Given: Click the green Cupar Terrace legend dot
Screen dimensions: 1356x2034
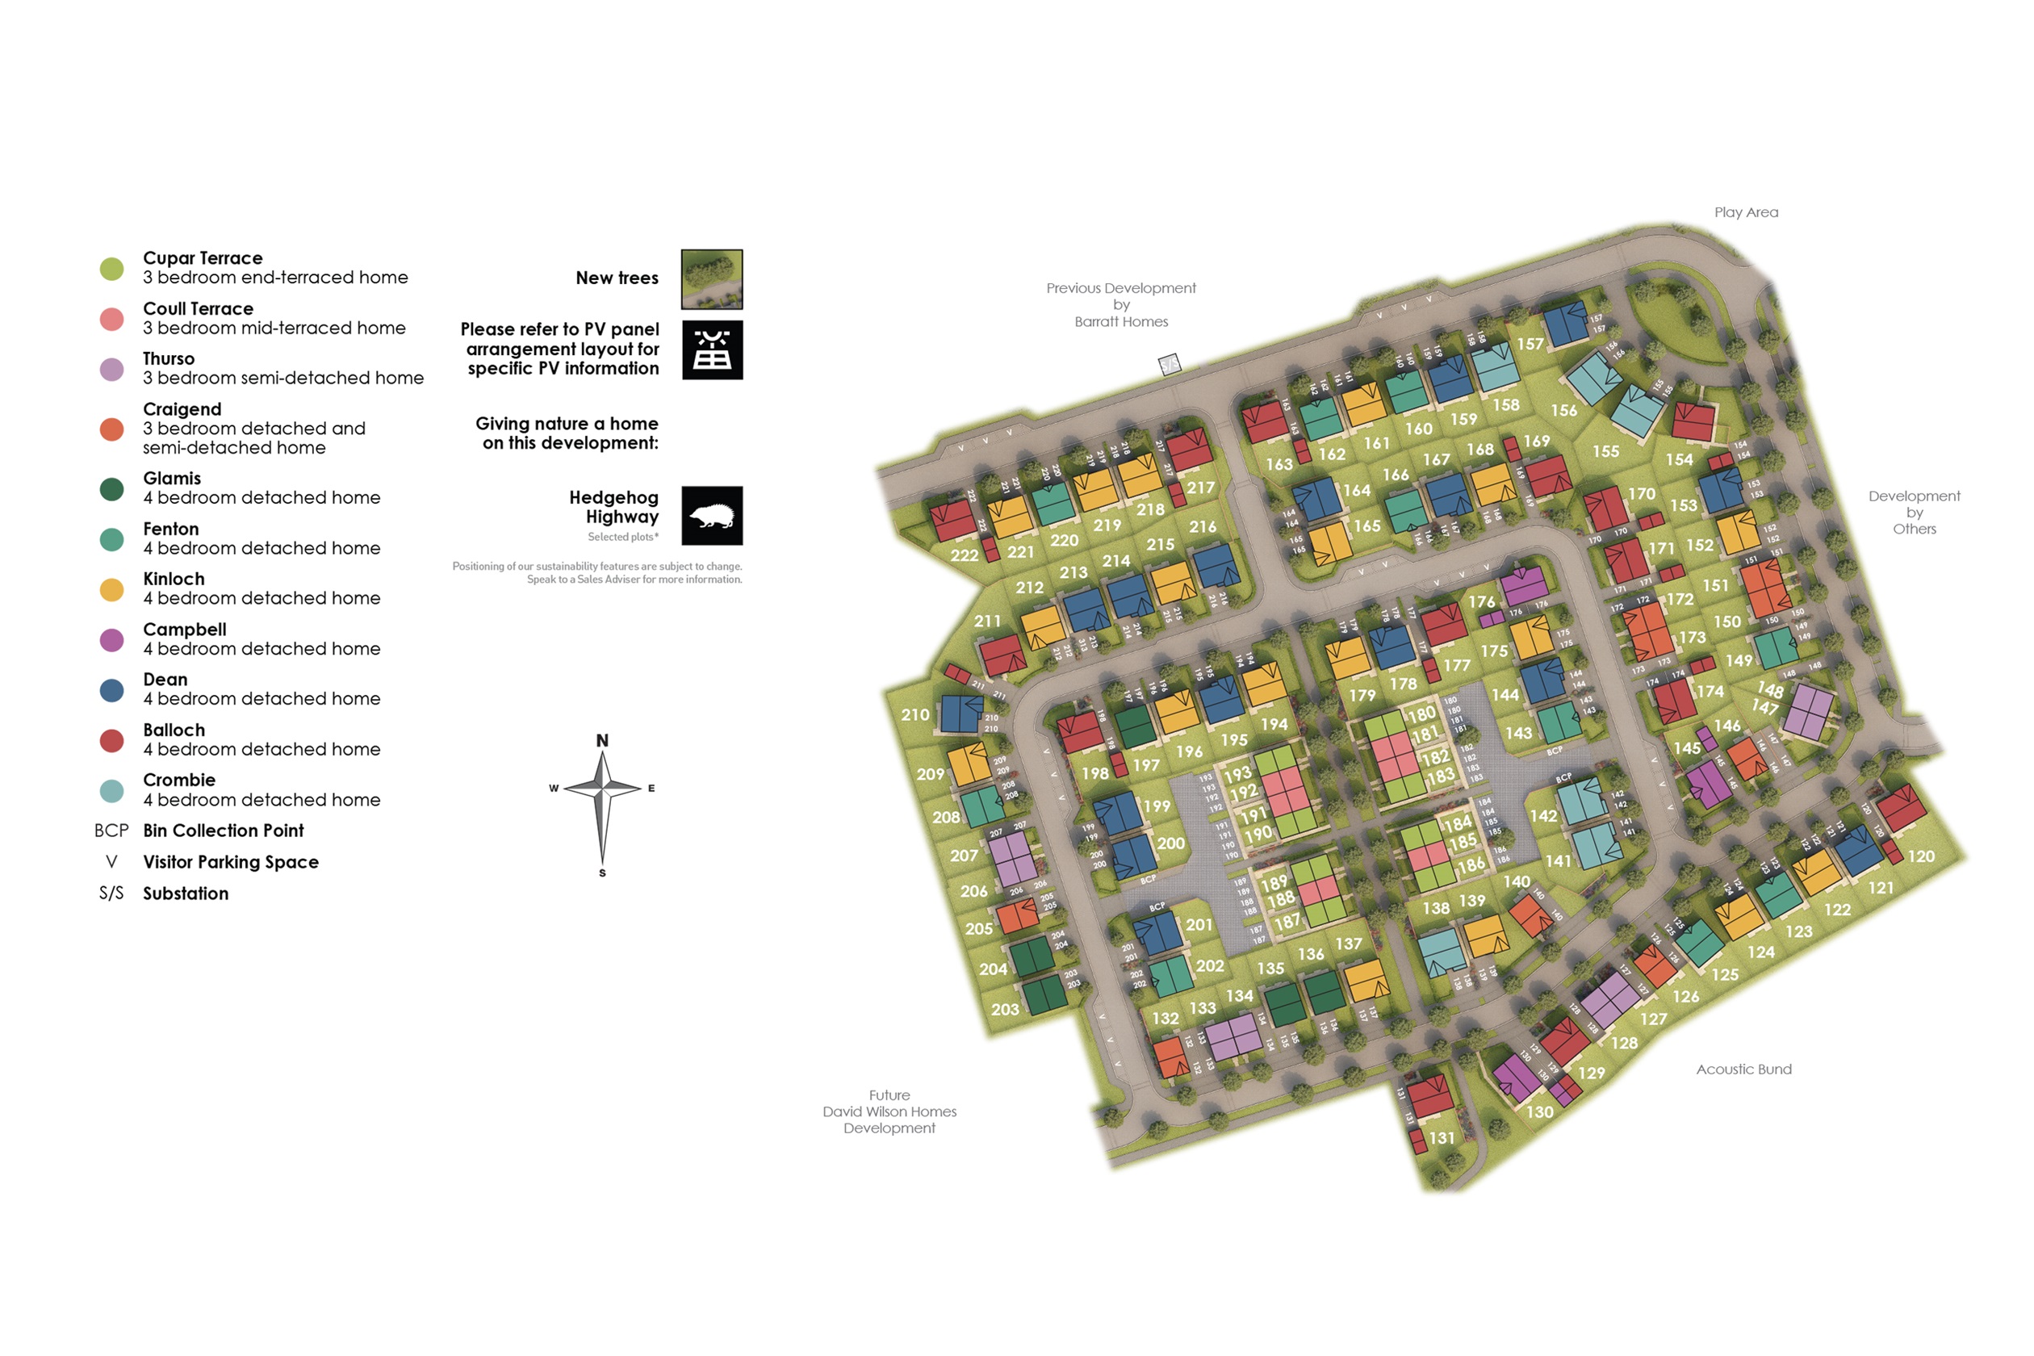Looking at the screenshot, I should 111,269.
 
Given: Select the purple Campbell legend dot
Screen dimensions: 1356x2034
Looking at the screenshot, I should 111,640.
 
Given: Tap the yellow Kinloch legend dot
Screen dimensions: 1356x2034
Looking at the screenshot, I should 111,590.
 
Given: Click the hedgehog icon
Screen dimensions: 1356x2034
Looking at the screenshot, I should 712,516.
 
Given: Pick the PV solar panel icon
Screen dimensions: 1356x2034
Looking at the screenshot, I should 712,350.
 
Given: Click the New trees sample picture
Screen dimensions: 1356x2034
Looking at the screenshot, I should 712,279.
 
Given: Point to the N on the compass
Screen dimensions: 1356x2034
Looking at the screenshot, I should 602,741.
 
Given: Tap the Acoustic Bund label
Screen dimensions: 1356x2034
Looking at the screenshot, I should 1743,1069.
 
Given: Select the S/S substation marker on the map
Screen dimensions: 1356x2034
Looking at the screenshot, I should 1170,365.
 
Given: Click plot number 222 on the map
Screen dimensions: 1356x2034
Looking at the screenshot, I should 965,556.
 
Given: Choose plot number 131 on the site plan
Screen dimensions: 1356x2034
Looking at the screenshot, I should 1442,1138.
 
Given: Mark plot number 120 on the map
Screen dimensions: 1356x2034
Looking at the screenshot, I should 1921,857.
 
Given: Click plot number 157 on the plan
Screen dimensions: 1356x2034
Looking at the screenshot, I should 1530,344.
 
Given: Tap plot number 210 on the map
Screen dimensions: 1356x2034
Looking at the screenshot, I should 915,715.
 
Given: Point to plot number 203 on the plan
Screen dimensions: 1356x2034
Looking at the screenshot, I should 1005,1009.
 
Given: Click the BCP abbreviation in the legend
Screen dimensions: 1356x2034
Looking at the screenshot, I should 111,831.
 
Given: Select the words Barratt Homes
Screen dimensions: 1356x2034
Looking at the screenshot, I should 1121,322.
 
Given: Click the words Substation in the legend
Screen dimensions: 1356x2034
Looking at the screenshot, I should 186,894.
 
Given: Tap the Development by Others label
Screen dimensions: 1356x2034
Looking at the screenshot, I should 1914,512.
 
